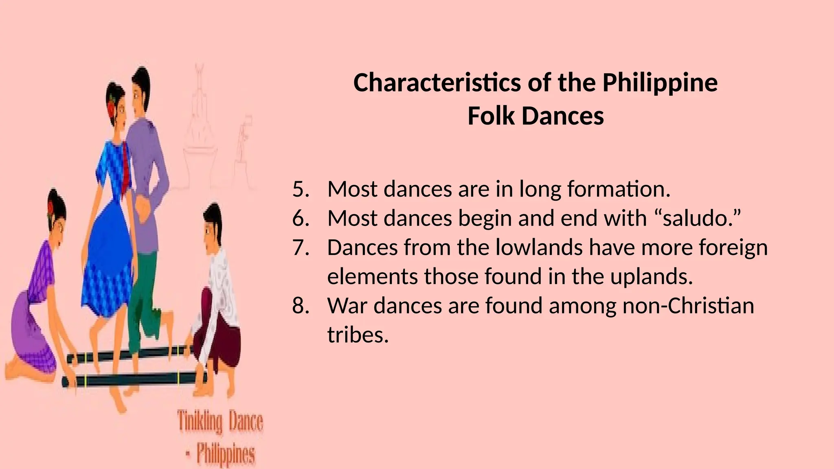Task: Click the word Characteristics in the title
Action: [x=437, y=83]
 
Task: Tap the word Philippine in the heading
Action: [x=660, y=83]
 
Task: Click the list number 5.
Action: [x=301, y=189]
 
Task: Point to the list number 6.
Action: [x=301, y=218]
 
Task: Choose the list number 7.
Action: [x=301, y=248]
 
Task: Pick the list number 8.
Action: [x=301, y=306]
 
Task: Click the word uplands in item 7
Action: [x=651, y=277]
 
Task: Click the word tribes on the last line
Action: [x=358, y=335]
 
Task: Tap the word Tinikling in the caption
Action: [x=200, y=422]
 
